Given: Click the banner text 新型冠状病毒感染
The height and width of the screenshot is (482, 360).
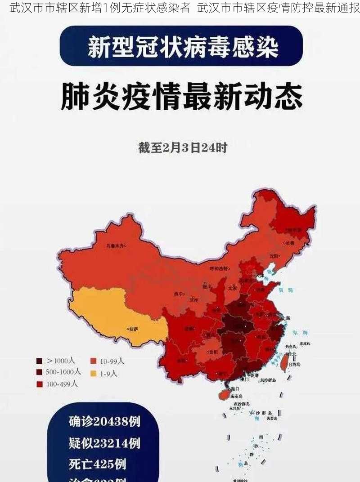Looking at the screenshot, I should pyautogui.click(x=182, y=47).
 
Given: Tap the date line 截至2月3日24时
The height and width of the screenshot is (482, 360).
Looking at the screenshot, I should pyautogui.click(x=182, y=147).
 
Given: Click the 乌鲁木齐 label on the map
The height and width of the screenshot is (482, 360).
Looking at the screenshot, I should pyautogui.click(x=115, y=246).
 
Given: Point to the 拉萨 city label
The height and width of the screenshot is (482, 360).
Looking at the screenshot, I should pyautogui.click(x=134, y=329).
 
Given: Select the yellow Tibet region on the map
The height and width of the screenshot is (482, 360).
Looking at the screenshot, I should pyautogui.click(x=112, y=315).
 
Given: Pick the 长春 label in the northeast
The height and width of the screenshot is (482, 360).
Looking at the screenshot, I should pyautogui.click(x=289, y=243).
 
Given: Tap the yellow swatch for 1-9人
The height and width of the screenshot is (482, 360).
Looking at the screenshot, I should pyautogui.click(x=94, y=373).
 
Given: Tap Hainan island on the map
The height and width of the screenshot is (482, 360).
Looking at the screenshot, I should pyautogui.click(x=225, y=394).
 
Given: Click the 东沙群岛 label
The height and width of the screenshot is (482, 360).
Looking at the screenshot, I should pyautogui.click(x=267, y=380).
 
